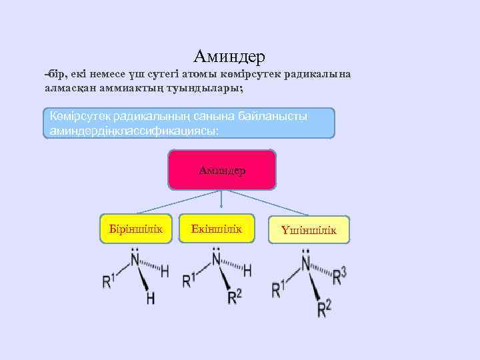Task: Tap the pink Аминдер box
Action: [x=222, y=170]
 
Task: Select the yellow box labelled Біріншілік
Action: [x=136, y=229]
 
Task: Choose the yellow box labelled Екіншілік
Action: [x=217, y=229]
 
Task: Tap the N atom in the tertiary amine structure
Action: [x=307, y=265]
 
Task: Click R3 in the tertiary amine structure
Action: [x=339, y=275]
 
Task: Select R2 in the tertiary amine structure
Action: [x=324, y=308]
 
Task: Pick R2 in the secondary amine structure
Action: [x=234, y=296]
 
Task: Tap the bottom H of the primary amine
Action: [x=151, y=297]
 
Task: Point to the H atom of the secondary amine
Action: [x=247, y=270]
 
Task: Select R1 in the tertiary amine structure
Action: [x=279, y=289]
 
